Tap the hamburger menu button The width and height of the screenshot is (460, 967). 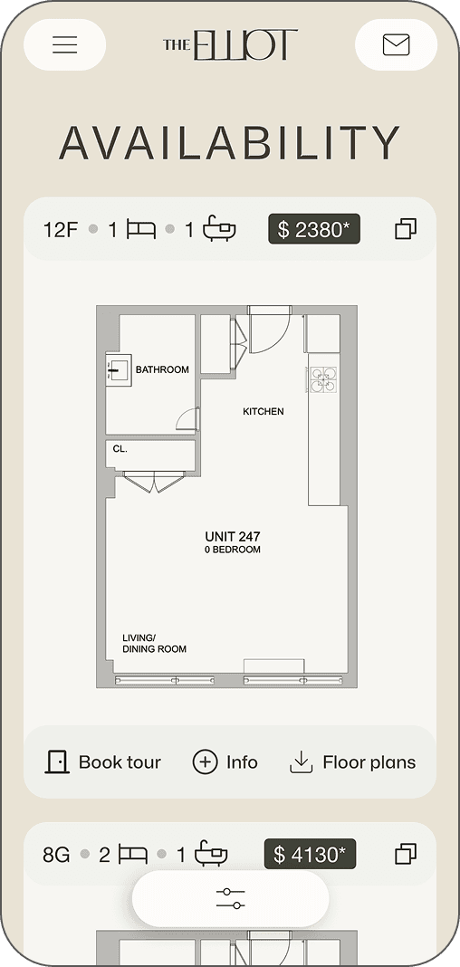pos(65,44)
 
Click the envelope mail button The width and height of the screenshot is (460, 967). pos(396,44)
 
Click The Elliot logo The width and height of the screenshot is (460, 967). pos(231,44)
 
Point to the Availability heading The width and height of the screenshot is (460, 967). pos(229,142)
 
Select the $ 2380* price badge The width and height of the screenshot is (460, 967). pos(314,229)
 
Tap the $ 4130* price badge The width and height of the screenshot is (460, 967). pos(311,854)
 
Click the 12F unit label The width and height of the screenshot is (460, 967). pos(61,230)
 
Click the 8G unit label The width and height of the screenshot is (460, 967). pos(56,856)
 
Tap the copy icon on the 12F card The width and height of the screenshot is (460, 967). pos(406,229)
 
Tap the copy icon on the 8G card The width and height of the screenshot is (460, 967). pos(406,854)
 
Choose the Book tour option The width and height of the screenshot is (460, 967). pos(103,762)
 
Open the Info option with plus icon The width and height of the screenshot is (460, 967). pos(225,762)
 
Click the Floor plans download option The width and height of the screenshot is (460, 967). pos(353,762)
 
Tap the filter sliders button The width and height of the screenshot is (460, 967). pos(230,898)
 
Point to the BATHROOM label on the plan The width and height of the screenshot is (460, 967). pos(162,370)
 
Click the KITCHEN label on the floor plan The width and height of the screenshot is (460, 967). pos(264,411)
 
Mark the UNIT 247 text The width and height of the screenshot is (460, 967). pos(233,537)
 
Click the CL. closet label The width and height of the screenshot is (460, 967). pos(120,449)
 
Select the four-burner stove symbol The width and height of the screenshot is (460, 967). pos(324,379)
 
